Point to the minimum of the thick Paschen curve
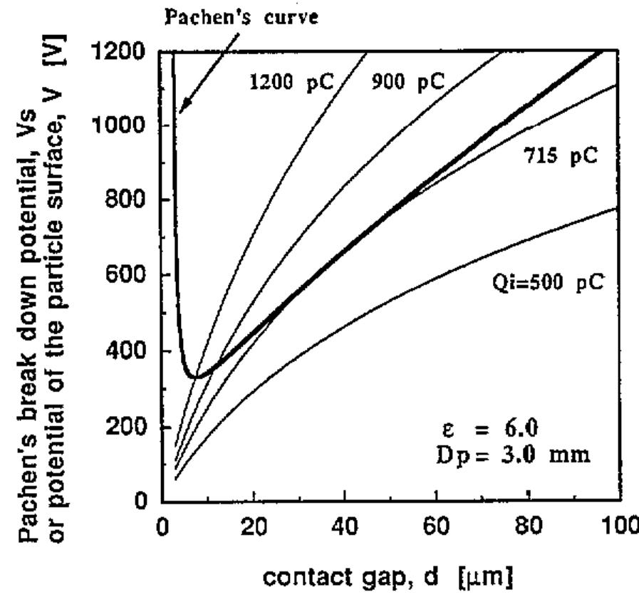click(x=192, y=375)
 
